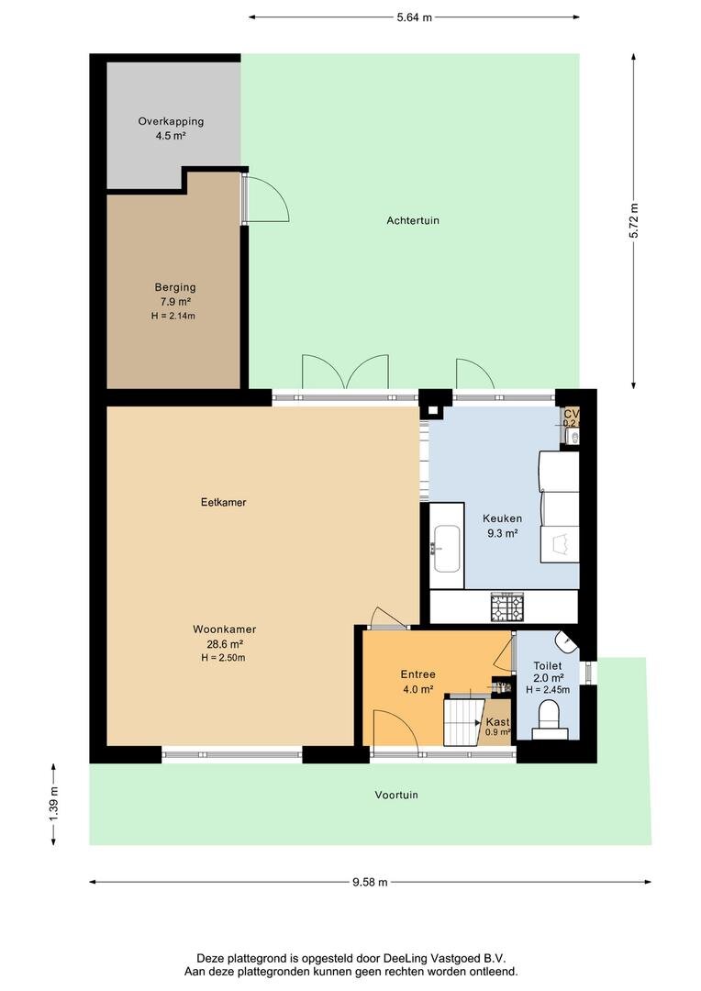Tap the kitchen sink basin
tap(448, 548)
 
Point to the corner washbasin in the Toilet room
tap(568, 641)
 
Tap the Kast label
tap(497, 721)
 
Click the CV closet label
tap(571, 415)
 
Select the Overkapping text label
tap(171, 121)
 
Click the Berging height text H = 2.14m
tap(173, 316)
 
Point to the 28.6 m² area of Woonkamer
tap(224, 643)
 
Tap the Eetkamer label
tap(224, 502)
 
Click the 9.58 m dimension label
tap(370, 883)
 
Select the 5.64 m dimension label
tap(414, 17)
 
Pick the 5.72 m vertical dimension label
tap(633, 220)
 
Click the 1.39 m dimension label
tap(53, 804)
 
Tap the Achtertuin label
tap(412, 220)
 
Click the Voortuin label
tap(395, 795)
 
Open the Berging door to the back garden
tap(266, 197)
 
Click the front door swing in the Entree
tap(395, 732)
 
